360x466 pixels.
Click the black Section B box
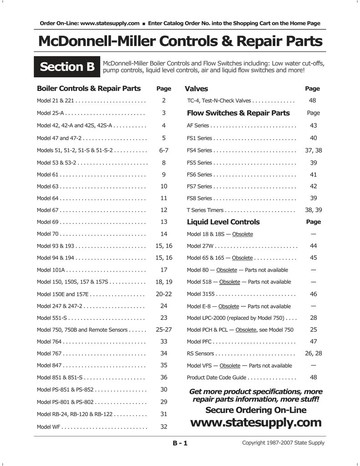67,67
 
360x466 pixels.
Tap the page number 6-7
164,150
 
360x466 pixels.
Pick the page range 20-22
164,294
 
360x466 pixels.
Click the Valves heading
196,89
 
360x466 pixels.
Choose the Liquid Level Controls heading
223,222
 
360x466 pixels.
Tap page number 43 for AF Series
313,125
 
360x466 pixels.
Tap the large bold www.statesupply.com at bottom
255,423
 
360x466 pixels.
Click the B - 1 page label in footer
179,443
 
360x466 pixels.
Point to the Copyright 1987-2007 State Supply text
283,443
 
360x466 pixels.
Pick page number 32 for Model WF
164,426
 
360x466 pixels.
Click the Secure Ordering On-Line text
256,410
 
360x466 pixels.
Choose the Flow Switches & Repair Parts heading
238,113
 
